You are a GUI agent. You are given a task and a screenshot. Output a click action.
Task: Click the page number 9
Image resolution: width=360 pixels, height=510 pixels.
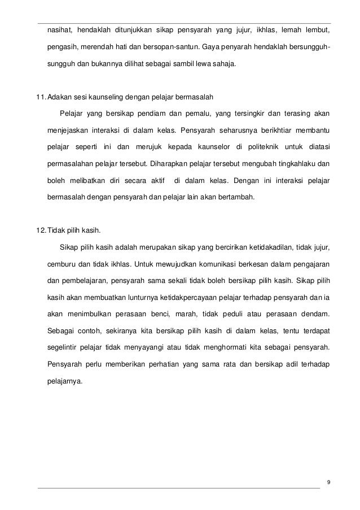328,482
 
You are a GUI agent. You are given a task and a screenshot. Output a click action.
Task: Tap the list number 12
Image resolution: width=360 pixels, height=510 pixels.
41,230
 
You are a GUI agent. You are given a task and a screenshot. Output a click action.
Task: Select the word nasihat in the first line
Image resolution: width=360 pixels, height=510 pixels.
59,29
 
